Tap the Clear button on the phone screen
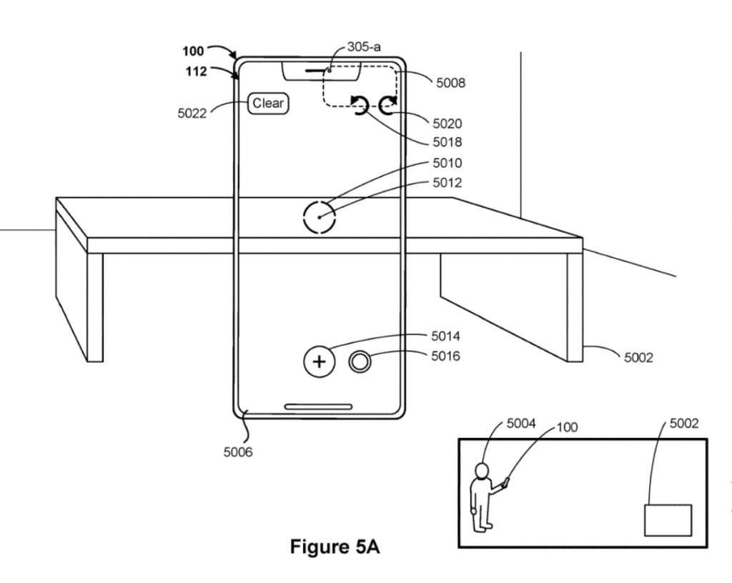(268, 103)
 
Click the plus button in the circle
(320, 362)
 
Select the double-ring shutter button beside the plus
(360, 362)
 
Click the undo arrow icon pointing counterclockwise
(360, 104)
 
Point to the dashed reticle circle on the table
(320, 201)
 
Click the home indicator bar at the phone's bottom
(318, 407)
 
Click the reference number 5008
(450, 83)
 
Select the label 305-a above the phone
(364, 46)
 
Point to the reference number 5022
(192, 114)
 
